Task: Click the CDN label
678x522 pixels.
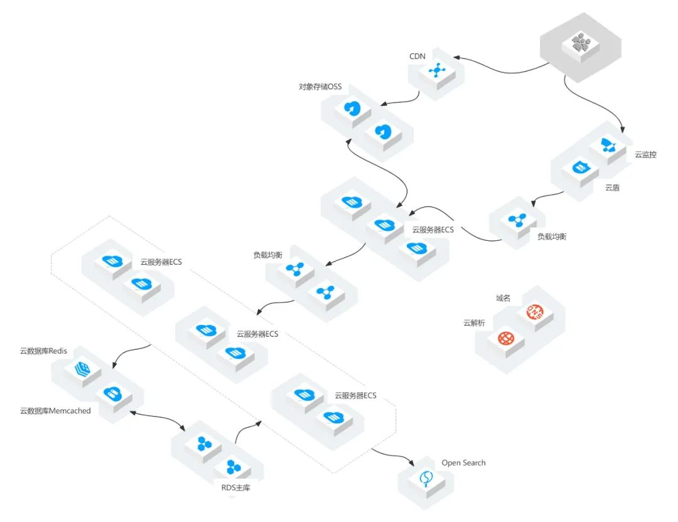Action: point(417,57)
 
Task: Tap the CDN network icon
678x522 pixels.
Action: point(436,70)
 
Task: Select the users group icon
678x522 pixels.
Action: point(581,44)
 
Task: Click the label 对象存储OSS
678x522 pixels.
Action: point(320,87)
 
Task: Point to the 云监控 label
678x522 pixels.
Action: point(645,154)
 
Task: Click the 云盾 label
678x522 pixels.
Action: point(612,188)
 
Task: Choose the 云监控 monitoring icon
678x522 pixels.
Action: point(608,146)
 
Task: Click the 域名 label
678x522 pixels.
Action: point(503,298)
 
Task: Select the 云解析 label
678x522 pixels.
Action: point(474,323)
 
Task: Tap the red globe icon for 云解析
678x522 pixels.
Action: point(506,339)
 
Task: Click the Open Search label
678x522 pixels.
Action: point(463,463)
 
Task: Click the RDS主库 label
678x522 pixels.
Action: point(235,487)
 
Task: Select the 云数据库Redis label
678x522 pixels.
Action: point(43,351)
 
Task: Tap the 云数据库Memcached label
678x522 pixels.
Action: point(55,411)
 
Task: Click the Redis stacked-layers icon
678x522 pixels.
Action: point(82,368)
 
